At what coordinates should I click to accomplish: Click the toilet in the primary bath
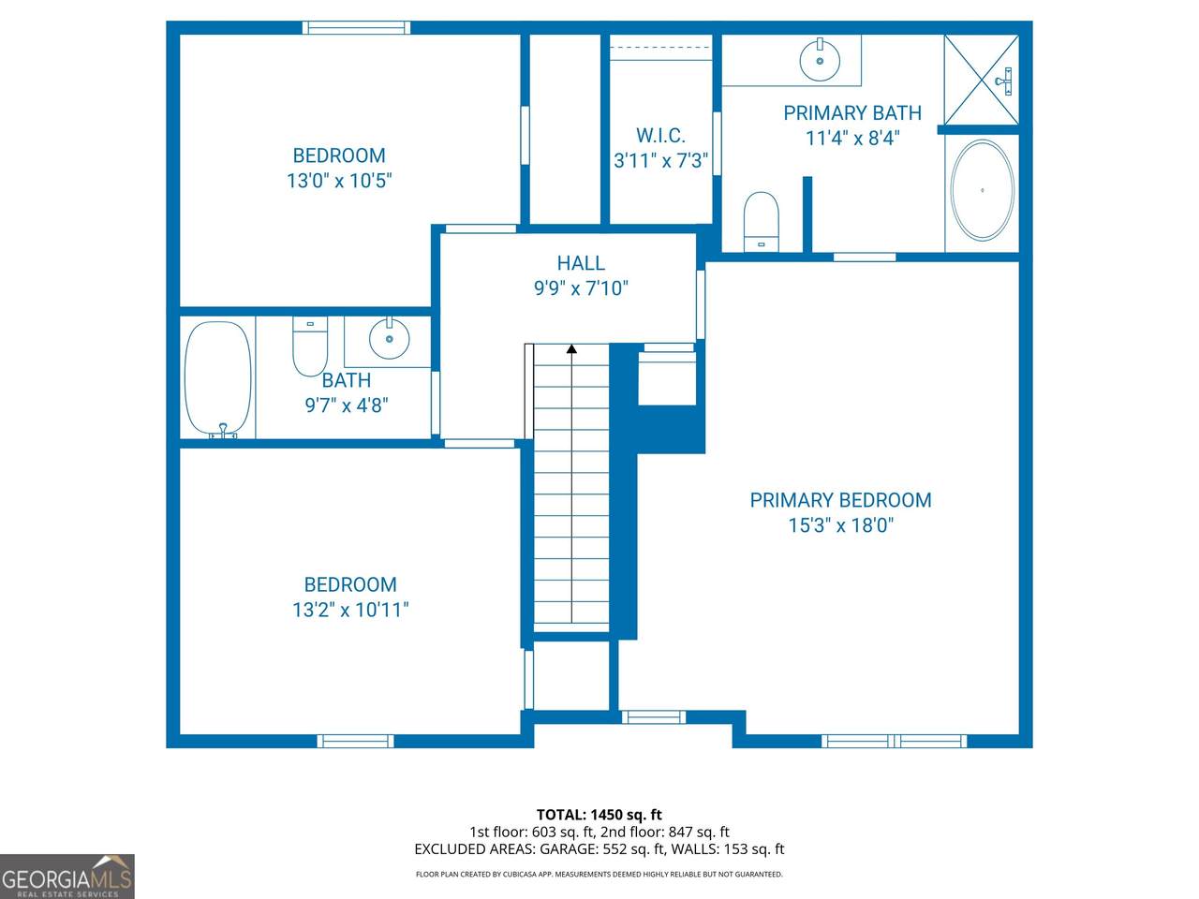point(761,222)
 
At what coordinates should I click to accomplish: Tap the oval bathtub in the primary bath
point(982,190)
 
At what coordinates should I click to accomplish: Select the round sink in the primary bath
point(820,60)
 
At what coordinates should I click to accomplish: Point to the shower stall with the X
point(982,80)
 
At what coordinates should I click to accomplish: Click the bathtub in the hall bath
point(218,379)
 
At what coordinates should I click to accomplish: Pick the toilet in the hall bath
point(310,346)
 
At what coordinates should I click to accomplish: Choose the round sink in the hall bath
point(389,338)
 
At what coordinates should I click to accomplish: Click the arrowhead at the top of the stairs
point(571,348)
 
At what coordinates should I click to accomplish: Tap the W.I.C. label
point(660,136)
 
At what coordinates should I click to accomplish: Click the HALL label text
point(581,263)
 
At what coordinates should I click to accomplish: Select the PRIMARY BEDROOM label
point(840,500)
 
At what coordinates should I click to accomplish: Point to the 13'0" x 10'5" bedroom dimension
point(339,180)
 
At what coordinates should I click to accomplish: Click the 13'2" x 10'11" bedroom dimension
point(350,609)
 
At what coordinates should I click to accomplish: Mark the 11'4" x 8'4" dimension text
point(852,138)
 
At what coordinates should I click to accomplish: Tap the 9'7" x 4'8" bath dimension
point(347,405)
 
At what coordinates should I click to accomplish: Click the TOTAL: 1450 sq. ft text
point(599,815)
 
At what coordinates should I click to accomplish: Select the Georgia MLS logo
point(67,877)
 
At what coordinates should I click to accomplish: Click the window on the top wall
point(356,27)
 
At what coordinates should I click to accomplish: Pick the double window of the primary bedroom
point(895,741)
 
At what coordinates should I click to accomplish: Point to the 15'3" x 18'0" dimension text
point(840,525)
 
